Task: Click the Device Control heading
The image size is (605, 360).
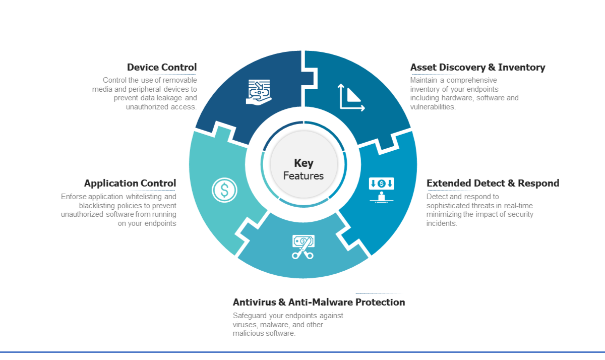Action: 162,67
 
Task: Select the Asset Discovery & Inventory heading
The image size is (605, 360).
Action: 477,67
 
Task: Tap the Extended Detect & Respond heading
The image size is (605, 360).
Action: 493,183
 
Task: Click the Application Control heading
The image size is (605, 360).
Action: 130,183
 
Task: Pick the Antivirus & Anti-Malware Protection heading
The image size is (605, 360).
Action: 319,302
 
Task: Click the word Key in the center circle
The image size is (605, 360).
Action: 304,163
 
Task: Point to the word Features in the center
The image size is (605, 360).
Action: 304,176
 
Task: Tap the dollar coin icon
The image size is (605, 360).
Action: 224,190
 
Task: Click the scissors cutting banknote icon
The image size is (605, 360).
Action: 303,247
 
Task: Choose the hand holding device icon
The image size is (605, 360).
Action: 259,92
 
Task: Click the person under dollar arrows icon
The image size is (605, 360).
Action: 382,190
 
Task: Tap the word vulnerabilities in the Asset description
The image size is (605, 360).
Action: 432,107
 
